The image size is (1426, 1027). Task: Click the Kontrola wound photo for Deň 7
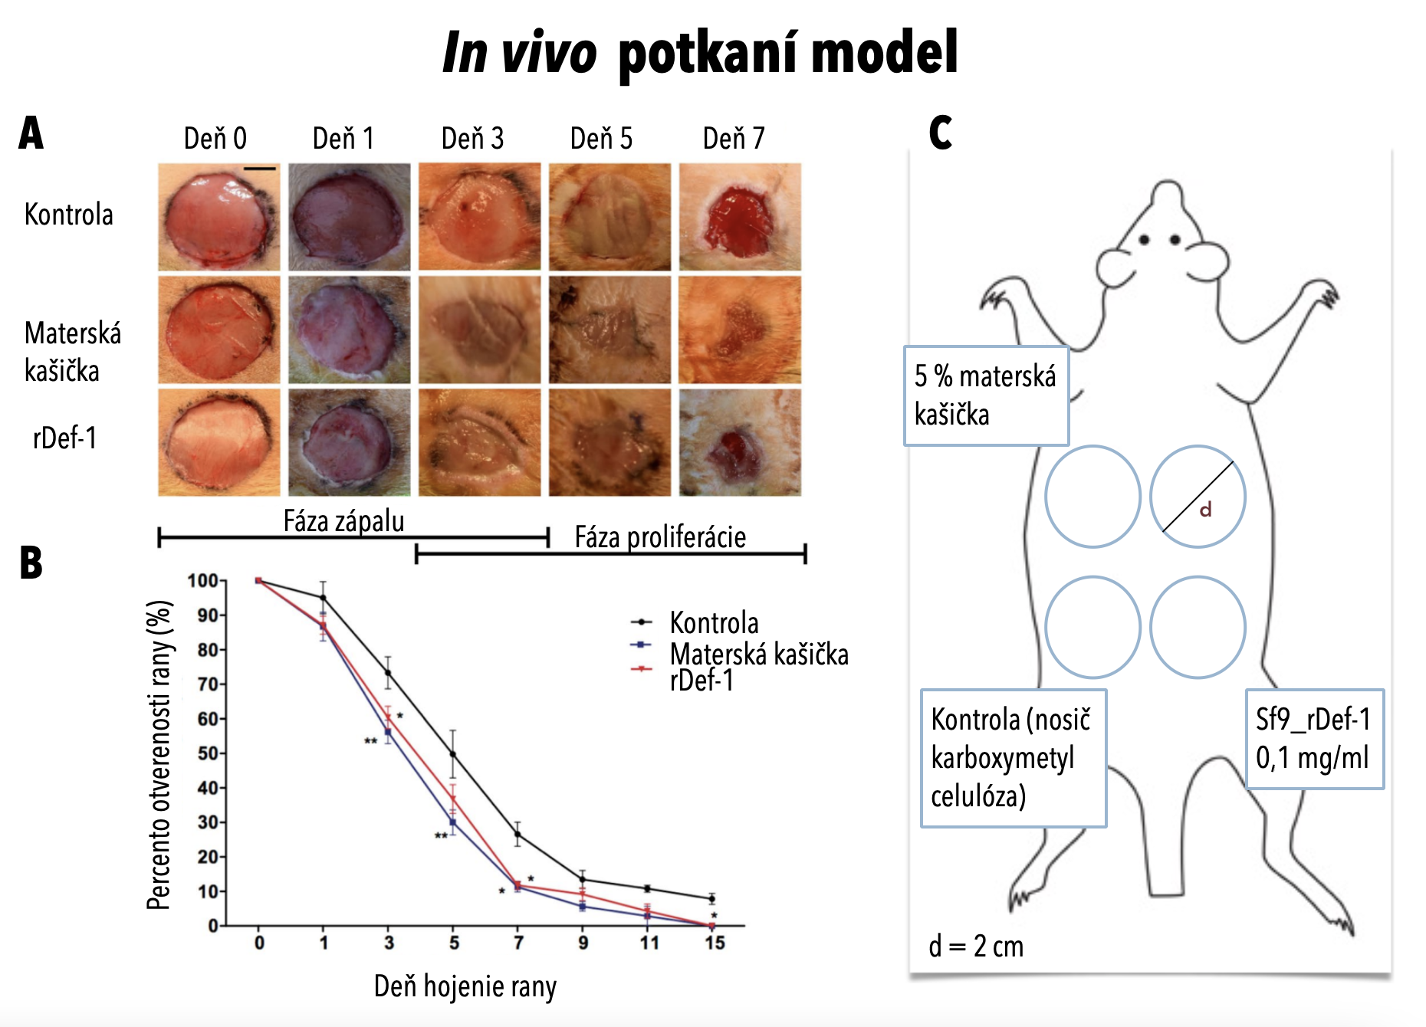(740, 216)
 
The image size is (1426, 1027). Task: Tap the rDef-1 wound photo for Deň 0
(219, 442)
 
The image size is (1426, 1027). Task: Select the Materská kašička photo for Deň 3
(479, 330)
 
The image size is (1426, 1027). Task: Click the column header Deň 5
(601, 139)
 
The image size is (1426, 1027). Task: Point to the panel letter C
(941, 133)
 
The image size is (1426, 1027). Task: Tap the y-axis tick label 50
(208, 753)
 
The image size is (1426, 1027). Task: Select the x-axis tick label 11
(649, 943)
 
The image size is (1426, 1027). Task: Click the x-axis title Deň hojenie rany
(465, 986)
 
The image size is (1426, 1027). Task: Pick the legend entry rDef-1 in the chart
(701, 681)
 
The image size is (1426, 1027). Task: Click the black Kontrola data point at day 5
(453, 754)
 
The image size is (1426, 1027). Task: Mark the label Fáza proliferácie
(660, 536)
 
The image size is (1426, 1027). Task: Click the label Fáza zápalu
(343, 521)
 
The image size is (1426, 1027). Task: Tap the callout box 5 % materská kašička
(986, 395)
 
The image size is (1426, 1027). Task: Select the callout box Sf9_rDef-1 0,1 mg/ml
(1314, 739)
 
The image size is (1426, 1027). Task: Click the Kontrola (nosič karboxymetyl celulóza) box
(1013, 758)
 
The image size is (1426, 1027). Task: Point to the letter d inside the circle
(1205, 510)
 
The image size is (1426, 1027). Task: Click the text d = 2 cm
(976, 947)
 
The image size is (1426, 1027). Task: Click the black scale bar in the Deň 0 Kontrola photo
(260, 169)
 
